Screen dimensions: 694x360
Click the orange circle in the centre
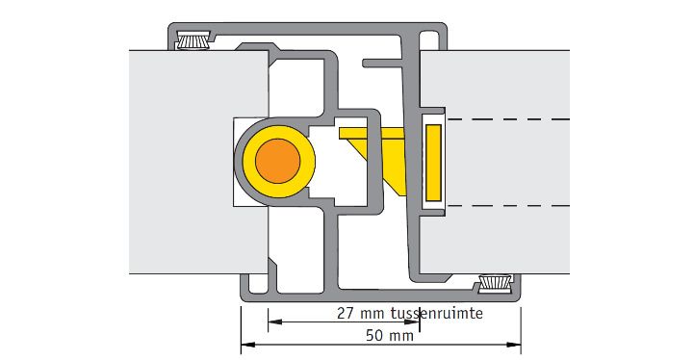tap(277, 161)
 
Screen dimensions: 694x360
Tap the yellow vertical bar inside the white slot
tap(433, 161)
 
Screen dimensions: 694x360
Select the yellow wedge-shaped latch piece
tap(376, 155)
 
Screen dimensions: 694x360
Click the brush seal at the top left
tap(193, 40)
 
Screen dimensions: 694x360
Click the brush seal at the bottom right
tap(496, 283)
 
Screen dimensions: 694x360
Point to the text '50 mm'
tap(390, 336)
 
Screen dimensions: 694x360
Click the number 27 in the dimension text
tap(346, 314)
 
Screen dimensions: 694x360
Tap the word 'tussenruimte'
tap(437, 314)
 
